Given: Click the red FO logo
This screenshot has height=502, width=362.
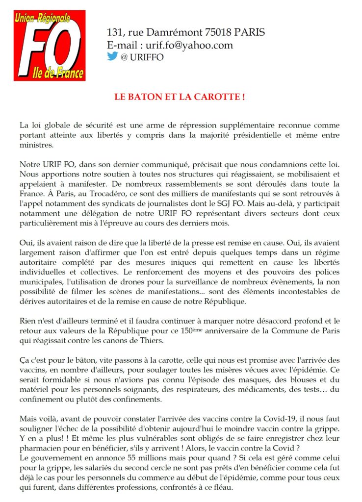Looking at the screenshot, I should point(50,45).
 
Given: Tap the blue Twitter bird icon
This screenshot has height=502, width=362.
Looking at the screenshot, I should point(112,56).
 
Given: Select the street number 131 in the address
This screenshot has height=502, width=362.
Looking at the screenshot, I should point(115,33).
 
